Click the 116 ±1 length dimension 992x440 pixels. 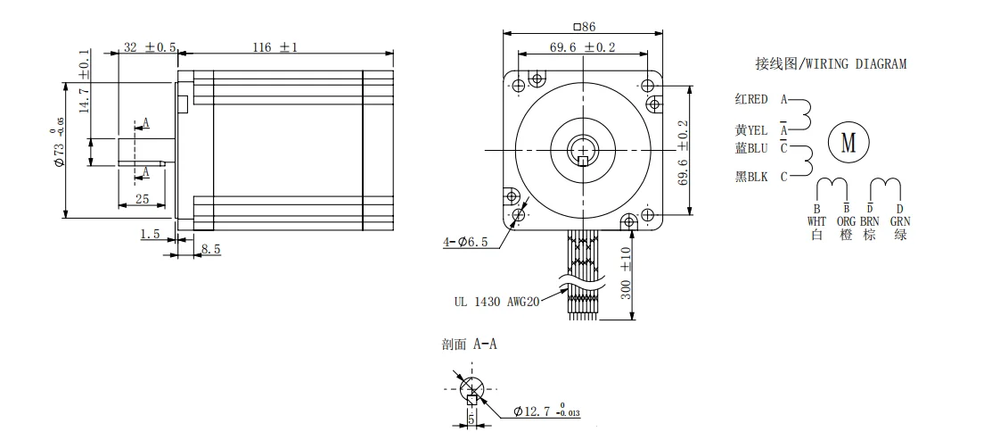[275, 47]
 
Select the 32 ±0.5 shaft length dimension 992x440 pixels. [150, 47]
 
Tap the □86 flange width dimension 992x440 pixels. [584, 27]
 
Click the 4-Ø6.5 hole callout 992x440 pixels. [465, 241]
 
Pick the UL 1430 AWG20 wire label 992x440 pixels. [496, 302]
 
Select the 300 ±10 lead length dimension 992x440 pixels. [626, 273]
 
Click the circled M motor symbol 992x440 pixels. [848, 143]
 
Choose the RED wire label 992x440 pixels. [758, 99]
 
